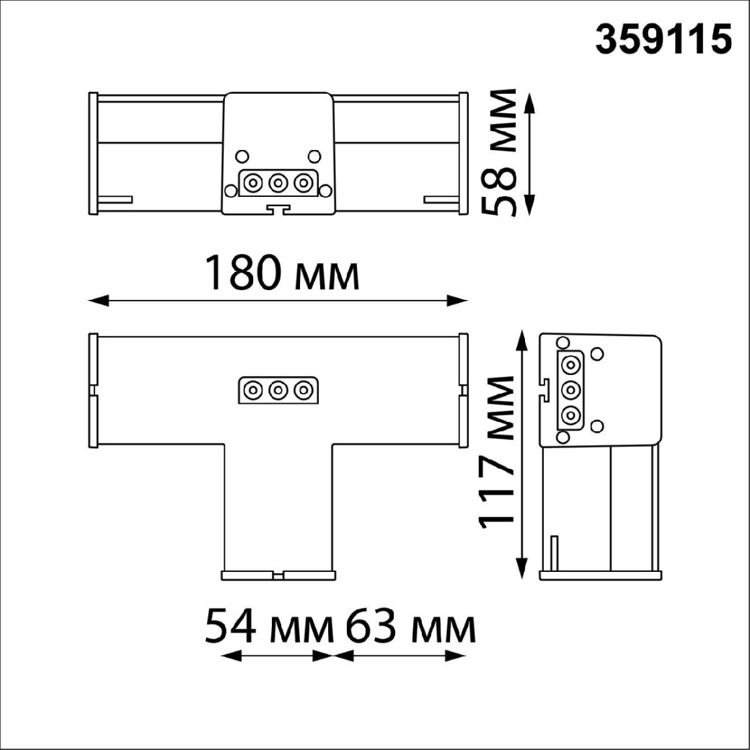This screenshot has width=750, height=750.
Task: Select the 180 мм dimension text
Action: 281,272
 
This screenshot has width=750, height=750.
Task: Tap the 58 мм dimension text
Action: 499,152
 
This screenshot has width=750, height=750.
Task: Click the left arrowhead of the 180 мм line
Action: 99,301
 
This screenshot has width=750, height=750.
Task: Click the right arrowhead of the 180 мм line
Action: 457,301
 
